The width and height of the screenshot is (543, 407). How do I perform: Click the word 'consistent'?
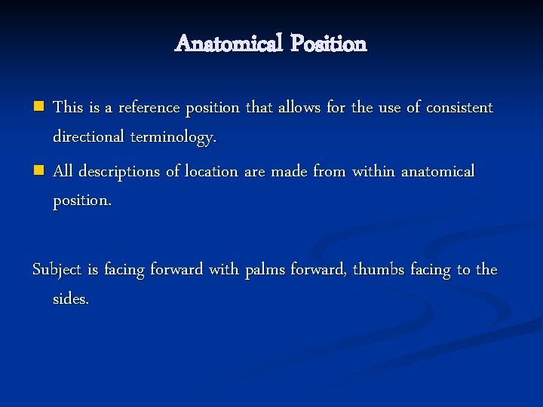click(459, 108)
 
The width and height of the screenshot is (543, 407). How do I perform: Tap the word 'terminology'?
click(172, 137)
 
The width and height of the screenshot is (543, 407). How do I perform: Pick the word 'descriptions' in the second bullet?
click(118, 172)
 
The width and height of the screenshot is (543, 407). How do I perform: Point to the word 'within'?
click(373, 172)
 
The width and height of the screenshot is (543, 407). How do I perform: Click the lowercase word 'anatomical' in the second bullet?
click(438, 172)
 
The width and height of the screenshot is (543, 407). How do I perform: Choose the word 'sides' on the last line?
click(69, 299)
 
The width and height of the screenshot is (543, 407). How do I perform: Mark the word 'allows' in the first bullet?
click(299, 108)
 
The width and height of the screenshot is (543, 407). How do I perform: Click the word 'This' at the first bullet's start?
click(68, 108)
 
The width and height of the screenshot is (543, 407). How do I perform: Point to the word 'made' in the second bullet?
click(290, 172)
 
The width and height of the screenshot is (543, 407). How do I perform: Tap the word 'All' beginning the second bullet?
click(63, 172)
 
